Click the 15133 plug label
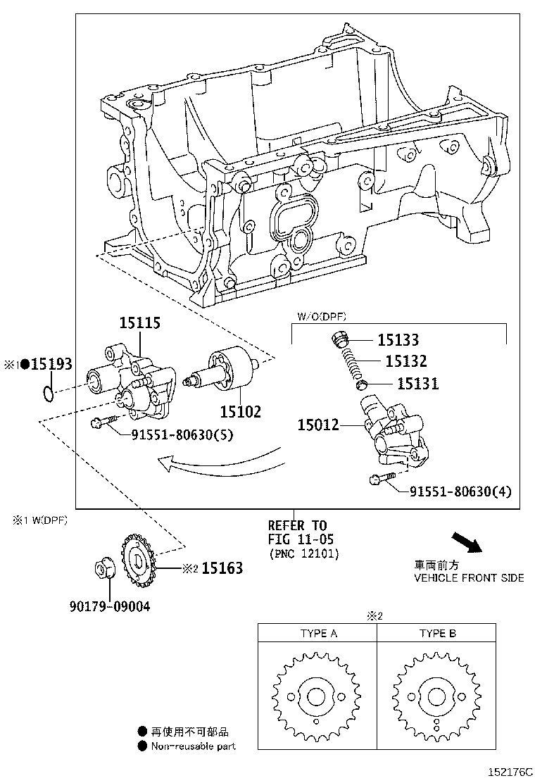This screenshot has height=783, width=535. (x=398, y=340)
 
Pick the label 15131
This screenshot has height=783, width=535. (x=417, y=384)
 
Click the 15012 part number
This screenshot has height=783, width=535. (x=318, y=425)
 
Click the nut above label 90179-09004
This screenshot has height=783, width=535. (x=106, y=568)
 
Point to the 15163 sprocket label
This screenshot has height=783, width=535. (x=222, y=568)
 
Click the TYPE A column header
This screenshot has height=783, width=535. (x=319, y=633)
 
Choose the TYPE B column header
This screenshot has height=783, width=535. (x=437, y=633)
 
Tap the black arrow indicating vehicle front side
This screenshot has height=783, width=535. (x=467, y=543)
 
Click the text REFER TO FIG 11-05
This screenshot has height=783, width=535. (x=301, y=532)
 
